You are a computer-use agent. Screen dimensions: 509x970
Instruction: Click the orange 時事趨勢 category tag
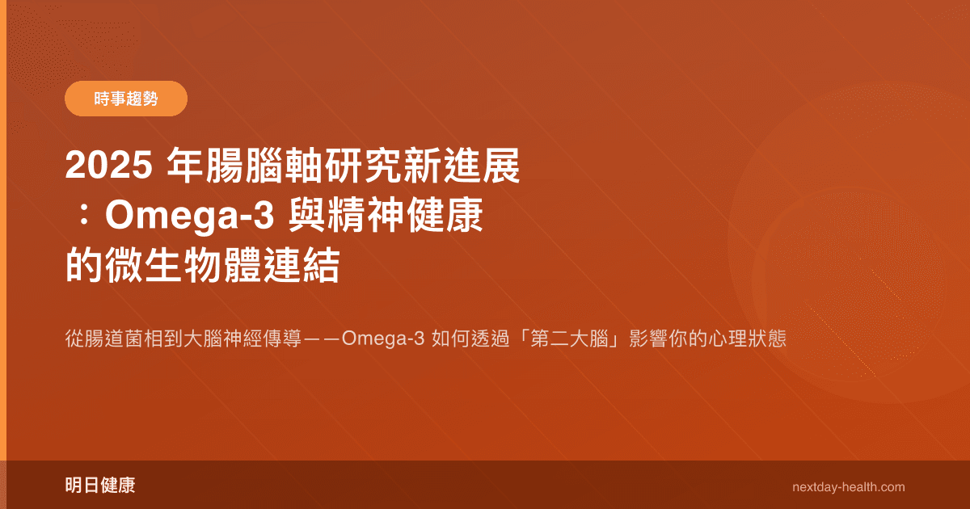[x=125, y=99]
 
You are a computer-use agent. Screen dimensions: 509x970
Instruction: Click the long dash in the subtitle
[x=322, y=339]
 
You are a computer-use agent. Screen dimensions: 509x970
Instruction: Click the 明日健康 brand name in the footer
[x=99, y=486]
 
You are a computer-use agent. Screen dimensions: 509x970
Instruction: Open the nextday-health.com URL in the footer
[x=849, y=487]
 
